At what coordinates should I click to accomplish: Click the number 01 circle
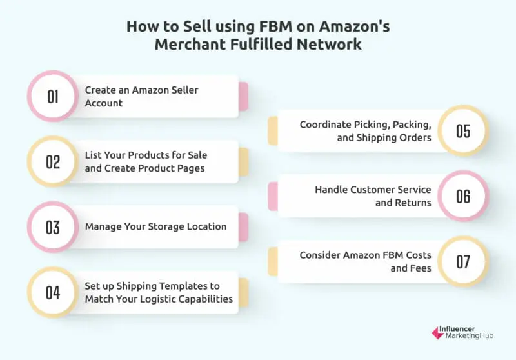[53, 97]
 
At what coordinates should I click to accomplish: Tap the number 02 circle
[53, 162]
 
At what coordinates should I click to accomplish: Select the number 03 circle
[53, 227]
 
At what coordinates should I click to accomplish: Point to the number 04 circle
[53, 292]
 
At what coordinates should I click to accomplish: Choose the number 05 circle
[463, 131]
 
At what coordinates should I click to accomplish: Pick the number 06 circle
[463, 196]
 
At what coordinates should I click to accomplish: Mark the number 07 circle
[463, 261]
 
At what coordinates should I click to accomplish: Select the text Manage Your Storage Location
[155, 226]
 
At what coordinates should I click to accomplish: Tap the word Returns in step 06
[414, 203]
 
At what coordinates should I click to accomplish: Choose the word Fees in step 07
[421, 268]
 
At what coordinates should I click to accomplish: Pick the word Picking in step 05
[377, 125]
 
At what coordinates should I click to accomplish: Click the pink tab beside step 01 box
[244, 97]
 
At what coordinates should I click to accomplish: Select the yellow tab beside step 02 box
[244, 162]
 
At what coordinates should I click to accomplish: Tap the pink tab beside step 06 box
[272, 196]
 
